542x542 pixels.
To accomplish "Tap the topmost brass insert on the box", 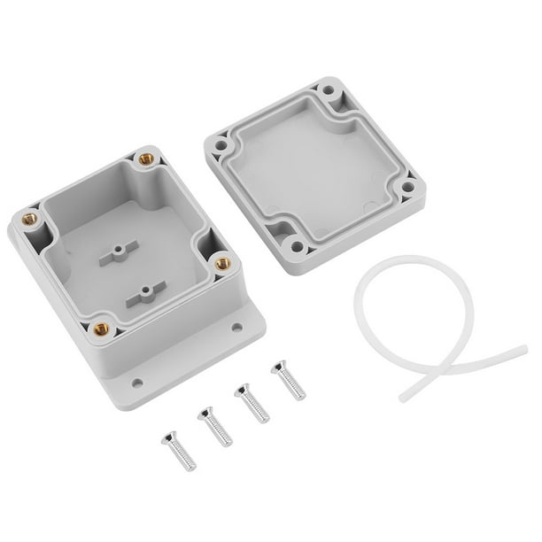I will [145, 159].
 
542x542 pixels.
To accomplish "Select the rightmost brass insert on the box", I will [222, 263].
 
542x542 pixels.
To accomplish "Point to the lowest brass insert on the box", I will [101, 328].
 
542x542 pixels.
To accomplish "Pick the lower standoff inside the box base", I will [144, 295].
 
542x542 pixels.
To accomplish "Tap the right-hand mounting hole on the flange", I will [236, 327].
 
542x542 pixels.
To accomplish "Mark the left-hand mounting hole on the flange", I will [137, 383].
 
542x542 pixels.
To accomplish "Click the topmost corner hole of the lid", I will [329, 90].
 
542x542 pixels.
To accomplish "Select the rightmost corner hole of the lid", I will [407, 188].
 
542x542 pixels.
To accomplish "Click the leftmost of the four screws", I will [178, 449].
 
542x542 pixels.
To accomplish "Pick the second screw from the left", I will [214, 425].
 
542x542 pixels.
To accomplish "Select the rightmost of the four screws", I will [288, 379].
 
